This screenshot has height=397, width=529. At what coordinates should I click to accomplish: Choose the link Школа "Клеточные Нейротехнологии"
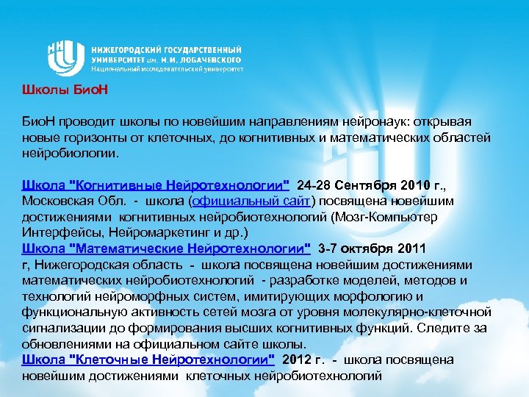pos(148,360)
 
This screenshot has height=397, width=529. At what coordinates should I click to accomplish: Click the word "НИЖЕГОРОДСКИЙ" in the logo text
pos(132,46)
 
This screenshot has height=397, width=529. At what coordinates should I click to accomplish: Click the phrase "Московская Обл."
pos(68,201)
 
